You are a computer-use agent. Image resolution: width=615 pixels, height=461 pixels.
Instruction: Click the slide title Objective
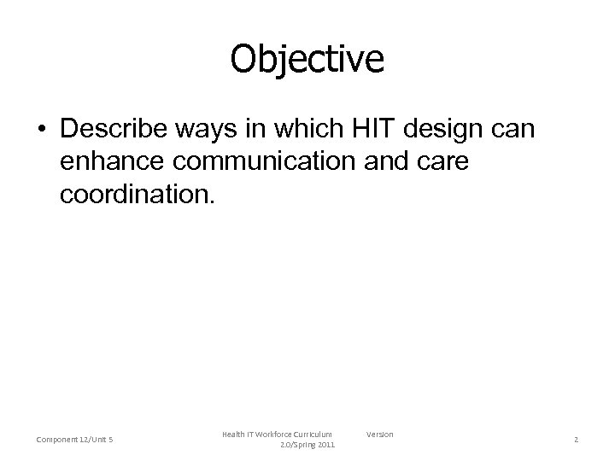pyautogui.click(x=307, y=59)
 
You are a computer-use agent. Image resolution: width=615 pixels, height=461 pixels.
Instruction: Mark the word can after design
pyautogui.click(x=511, y=131)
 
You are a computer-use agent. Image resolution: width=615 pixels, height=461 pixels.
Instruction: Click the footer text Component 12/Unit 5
pyautogui.click(x=76, y=440)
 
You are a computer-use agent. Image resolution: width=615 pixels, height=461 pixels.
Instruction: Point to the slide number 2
pyautogui.click(x=576, y=440)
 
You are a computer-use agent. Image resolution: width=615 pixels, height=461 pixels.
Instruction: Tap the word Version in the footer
pyautogui.click(x=380, y=435)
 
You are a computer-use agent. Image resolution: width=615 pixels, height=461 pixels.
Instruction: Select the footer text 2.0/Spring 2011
pyautogui.click(x=307, y=446)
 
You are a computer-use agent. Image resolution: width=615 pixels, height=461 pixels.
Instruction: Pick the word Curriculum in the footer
pyautogui.click(x=312, y=435)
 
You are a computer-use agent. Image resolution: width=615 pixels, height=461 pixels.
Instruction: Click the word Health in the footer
pyautogui.click(x=233, y=435)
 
